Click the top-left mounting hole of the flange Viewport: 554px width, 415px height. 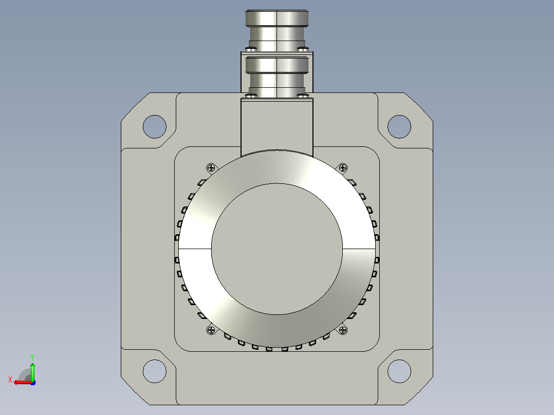[154, 126]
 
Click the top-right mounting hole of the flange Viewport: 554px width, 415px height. [399, 126]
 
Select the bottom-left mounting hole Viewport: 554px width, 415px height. [154, 371]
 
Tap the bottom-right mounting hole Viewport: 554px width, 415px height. [399, 371]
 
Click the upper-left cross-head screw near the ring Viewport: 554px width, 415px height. [211, 168]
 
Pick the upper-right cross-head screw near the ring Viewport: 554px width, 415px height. [343, 168]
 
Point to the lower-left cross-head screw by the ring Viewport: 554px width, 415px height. [211, 330]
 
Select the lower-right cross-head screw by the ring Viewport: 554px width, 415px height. [343, 330]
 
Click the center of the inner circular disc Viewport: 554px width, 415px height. [277, 249]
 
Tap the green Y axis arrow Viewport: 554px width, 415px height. [32, 371]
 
